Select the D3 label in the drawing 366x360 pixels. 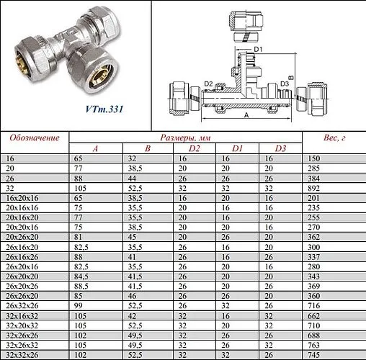point(285,84)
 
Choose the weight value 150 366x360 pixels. point(314,157)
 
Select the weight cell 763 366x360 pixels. point(314,345)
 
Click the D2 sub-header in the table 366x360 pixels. point(194,148)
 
